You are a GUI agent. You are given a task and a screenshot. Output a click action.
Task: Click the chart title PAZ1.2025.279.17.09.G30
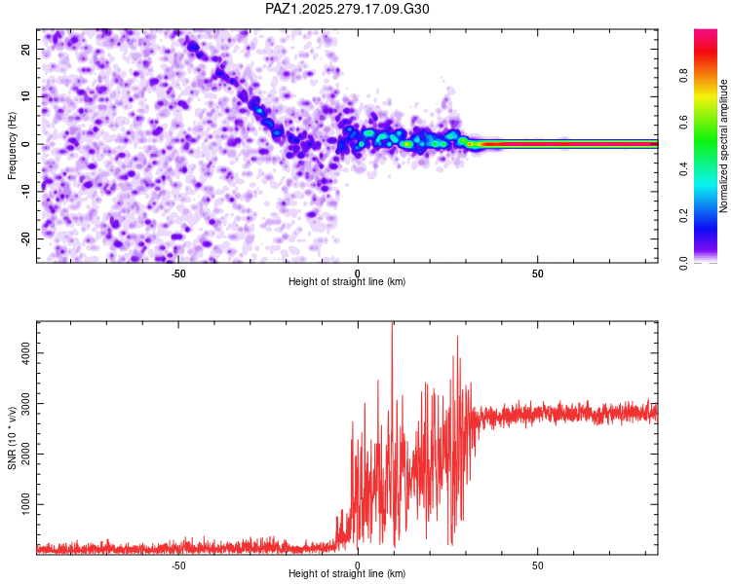[347, 9]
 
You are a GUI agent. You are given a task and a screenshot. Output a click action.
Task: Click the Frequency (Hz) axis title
[12, 145]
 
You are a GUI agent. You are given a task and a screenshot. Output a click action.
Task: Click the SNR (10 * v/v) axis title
[12, 437]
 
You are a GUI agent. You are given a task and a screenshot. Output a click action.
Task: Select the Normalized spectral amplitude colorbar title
[723, 146]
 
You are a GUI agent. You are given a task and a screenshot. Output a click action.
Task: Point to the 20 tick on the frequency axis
[26, 49]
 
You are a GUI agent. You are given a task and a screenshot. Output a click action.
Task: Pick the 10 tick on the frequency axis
[26, 96]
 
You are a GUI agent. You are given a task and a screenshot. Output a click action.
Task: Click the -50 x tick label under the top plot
[178, 273]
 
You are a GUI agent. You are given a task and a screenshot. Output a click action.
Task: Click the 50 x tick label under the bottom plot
[538, 565]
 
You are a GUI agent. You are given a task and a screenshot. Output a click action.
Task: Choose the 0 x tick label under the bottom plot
[358, 565]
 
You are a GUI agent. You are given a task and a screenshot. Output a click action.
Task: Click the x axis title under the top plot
[347, 282]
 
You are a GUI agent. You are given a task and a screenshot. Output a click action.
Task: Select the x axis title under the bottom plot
[347, 574]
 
